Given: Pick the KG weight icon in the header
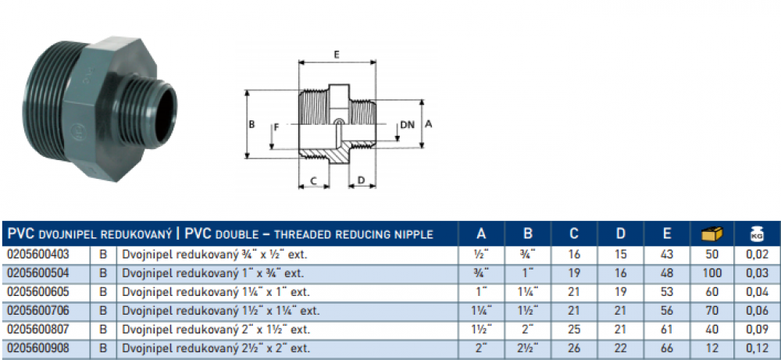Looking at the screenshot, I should (756, 233).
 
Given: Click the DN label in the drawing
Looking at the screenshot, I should (407, 125).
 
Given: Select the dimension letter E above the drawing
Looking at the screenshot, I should (336, 55).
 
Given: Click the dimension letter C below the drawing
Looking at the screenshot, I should (313, 180).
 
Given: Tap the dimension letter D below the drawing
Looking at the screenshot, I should (360, 180).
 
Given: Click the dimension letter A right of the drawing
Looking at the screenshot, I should (429, 123).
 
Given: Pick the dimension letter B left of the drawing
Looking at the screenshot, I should (251, 124).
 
